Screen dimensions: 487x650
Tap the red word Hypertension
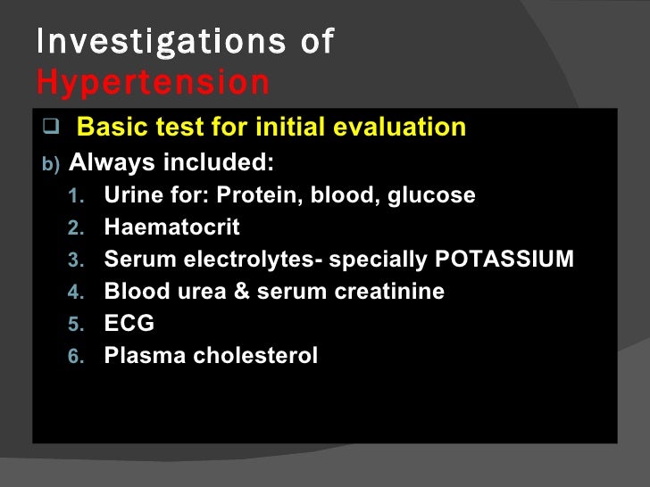click(153, 83)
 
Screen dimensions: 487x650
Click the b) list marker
click(54, 164)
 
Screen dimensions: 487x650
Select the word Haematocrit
click(171, 227)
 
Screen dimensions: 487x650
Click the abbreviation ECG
click(129, 324)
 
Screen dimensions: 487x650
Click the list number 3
click(75, 260)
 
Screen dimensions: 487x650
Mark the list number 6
click(75, 357)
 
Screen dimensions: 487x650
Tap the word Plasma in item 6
click(138, 356)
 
